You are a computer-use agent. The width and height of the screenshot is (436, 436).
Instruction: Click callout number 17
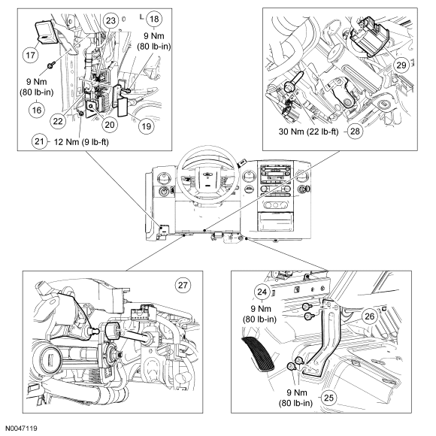[30, 55]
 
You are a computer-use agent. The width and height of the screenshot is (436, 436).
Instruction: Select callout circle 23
[111, 20]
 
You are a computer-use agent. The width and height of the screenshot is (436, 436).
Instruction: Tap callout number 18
[154, 19]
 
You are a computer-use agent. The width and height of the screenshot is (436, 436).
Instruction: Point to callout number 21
[39, 141]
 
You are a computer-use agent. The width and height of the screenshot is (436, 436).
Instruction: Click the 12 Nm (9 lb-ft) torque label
[81, 142]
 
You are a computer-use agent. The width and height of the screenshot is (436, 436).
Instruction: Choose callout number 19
[147, 126]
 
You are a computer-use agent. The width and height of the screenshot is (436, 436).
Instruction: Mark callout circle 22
[58, 121]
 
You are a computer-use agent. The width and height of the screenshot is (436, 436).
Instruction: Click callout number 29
[401, 65]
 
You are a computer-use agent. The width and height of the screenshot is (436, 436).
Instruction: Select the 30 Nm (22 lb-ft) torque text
[309, 132]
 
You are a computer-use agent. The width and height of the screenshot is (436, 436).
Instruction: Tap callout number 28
[355, 131]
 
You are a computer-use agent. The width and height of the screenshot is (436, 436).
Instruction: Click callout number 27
[183, 285]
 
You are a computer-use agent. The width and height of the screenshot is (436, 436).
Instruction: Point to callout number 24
[262, 292]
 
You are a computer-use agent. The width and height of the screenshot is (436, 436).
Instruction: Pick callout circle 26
[369, 316]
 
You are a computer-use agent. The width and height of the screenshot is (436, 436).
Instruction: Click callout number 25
[329, 398]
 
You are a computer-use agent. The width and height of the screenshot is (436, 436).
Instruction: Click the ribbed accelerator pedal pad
[259, 354]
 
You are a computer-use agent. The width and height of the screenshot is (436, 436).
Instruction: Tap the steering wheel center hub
[207, 180]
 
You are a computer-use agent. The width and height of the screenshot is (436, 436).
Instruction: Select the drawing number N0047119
[21, 428]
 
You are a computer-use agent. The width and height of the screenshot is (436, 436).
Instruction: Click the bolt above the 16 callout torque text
[50, 65]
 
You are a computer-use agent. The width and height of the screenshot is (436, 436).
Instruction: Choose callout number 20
[110, 124]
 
